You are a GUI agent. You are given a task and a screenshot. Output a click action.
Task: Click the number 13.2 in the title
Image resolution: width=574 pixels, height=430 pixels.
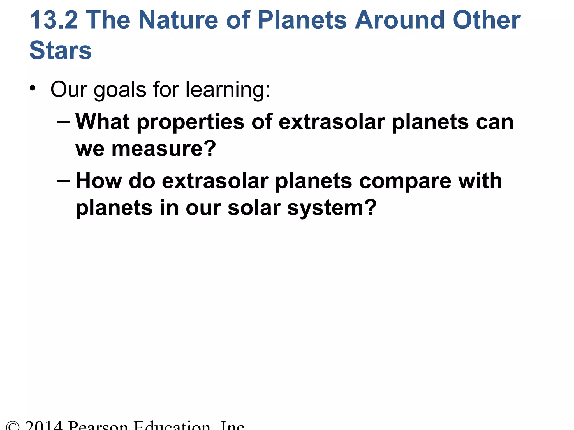tap(54, 20)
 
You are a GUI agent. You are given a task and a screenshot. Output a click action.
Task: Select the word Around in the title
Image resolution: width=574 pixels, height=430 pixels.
tap(399, 20)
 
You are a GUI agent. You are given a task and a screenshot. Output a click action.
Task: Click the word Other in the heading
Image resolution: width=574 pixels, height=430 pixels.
tap(487, 20)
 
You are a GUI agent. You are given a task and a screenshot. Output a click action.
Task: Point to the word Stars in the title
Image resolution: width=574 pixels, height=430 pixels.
tap(61, 50)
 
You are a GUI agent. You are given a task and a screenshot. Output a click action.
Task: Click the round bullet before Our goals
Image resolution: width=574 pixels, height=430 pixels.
tap(33, 88)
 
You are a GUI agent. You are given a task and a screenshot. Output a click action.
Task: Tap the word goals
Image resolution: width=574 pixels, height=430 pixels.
tap(120, 90)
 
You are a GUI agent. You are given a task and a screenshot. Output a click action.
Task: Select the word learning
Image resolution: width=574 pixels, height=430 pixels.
tap(228, 90)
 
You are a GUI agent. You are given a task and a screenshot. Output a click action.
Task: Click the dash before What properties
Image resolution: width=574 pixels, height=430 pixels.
tap(63, 122)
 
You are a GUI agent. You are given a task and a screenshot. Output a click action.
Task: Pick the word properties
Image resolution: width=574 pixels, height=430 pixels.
tap(191, 123)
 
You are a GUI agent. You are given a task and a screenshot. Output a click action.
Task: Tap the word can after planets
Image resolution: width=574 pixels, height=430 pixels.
tap(495, 122)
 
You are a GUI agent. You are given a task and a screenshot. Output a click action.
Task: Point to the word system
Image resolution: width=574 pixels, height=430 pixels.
tap(332, 208)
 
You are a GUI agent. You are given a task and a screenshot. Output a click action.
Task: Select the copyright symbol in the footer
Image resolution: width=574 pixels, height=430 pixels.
tap(13, 426)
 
